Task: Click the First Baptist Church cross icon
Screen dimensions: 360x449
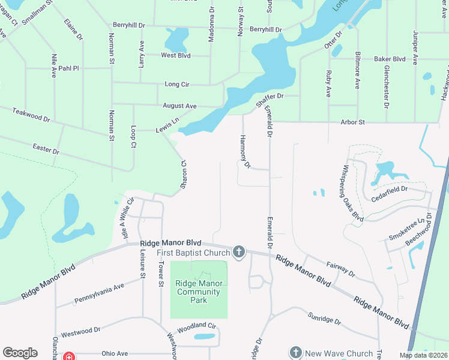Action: tap(239, 252)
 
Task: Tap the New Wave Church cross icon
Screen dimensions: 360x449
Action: tap(295, 352)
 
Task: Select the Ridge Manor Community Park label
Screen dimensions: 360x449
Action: tap(199, 292)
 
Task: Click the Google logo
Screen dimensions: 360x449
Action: tap(20, 353)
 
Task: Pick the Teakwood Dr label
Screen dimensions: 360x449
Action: tap(31, 115)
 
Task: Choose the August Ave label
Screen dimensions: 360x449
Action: tap(179, 106)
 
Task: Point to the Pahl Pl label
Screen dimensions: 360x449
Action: tap(68, 68)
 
